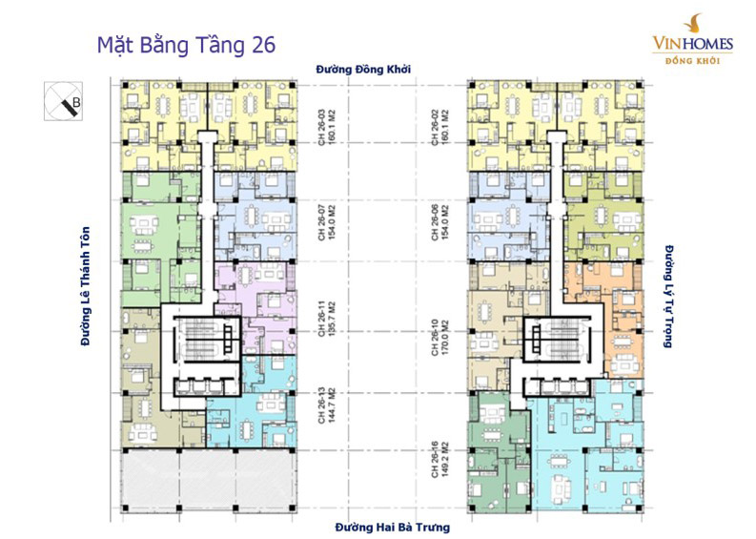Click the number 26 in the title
[x=261, y=46]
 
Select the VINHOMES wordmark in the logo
[x=692, y=42]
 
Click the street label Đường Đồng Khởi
[x=367, y=70]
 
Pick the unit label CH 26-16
[x=432, y=458]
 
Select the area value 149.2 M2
[x=444, y=458]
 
